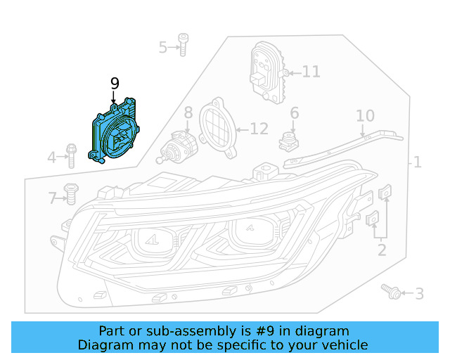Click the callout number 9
pos(115,84)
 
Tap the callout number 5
pos(163,47)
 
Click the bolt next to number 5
pos(182,44)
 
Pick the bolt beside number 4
pos(72,155)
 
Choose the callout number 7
pos(52,198)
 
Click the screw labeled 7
pos(70,193)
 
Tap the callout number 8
pos(188,112)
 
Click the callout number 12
pos(259,129)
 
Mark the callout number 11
pos(311,72)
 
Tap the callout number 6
pos(294,112)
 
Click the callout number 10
pos(365,115)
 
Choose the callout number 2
pos(381,249)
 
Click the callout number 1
pos(417,162)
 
